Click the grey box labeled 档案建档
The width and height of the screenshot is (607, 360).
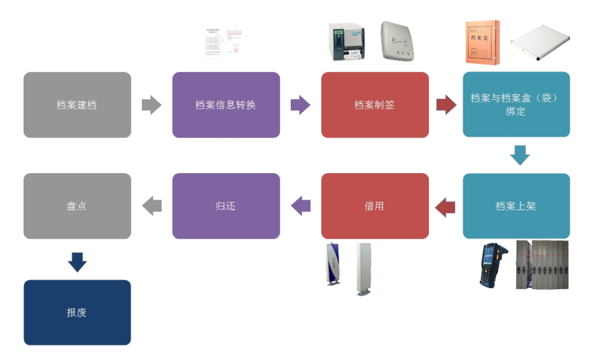(x=77, y=105)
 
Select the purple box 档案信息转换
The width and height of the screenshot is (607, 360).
(x=226, y=105)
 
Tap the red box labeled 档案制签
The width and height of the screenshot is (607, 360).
(x=375, y=105)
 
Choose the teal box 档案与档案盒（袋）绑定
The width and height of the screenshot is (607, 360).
(x=516, y=105)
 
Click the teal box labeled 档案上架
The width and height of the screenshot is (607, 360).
(x=516, y=206)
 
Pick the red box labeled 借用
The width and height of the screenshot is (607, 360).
(x=375, y=206)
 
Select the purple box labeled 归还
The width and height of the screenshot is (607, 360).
(x=226, y=206)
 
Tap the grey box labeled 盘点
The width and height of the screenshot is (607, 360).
(x=77, y=206)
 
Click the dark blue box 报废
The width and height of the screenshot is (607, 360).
(x=77, y=312)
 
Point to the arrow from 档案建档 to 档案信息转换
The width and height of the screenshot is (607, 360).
(x=151, y=105)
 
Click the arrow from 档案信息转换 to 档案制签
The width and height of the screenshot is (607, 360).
(x=300, y=105)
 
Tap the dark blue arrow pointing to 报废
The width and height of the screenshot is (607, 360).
(x=77, y=261)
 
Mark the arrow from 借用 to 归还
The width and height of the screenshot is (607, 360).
(x=301, y=206)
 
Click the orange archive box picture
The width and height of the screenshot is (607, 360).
(x=482, y=41)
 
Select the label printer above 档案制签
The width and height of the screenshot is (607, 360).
(x=347, y=41)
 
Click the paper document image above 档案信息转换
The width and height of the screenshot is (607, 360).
(x=221, y=43)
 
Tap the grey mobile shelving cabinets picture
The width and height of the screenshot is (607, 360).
(x=541, y=264)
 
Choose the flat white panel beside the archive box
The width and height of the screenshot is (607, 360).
(x=540, y=43)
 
